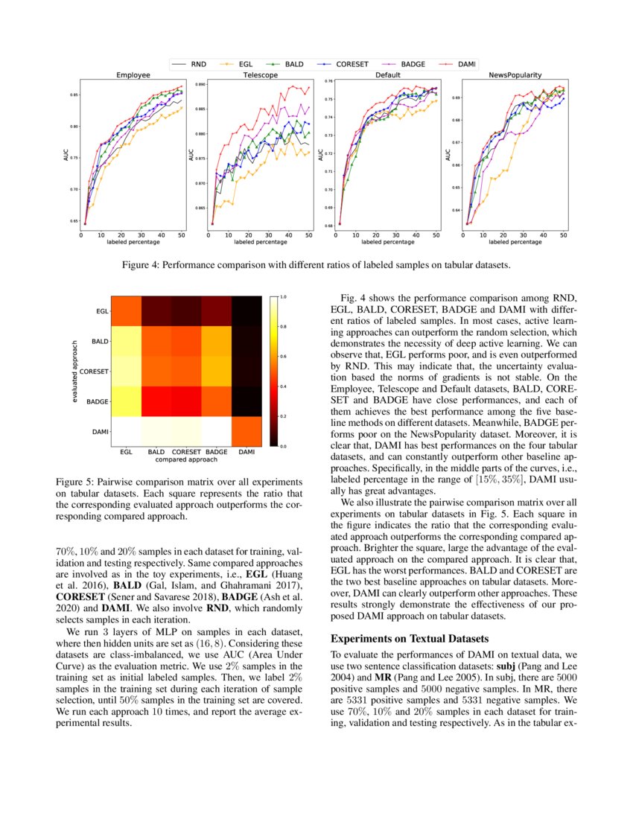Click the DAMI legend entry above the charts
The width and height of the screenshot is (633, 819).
click(x=465, y=65)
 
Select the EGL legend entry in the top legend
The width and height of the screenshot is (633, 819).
click(x=245, y=65)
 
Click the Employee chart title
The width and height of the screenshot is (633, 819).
click(x=134, y=75)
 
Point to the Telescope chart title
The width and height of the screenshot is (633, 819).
click(x=260, y=75)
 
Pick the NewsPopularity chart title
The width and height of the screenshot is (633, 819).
click(x=515, y=75)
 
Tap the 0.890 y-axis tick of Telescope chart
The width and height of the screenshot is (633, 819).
click(x=200, y=85)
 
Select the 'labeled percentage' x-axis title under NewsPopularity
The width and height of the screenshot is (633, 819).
click(x=515, y=242)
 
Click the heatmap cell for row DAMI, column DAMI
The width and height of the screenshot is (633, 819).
click(x=246, y=431)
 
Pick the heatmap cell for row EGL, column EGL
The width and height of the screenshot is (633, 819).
click(x=127, y=311)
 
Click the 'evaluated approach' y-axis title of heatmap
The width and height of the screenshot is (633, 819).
click(x=75, y=371)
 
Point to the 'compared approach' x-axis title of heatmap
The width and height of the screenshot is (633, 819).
click(x=186, y=460)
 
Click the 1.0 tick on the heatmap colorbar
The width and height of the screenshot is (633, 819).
click(x=284, y=296)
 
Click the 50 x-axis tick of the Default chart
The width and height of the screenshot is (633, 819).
click(x=436, y=234)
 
